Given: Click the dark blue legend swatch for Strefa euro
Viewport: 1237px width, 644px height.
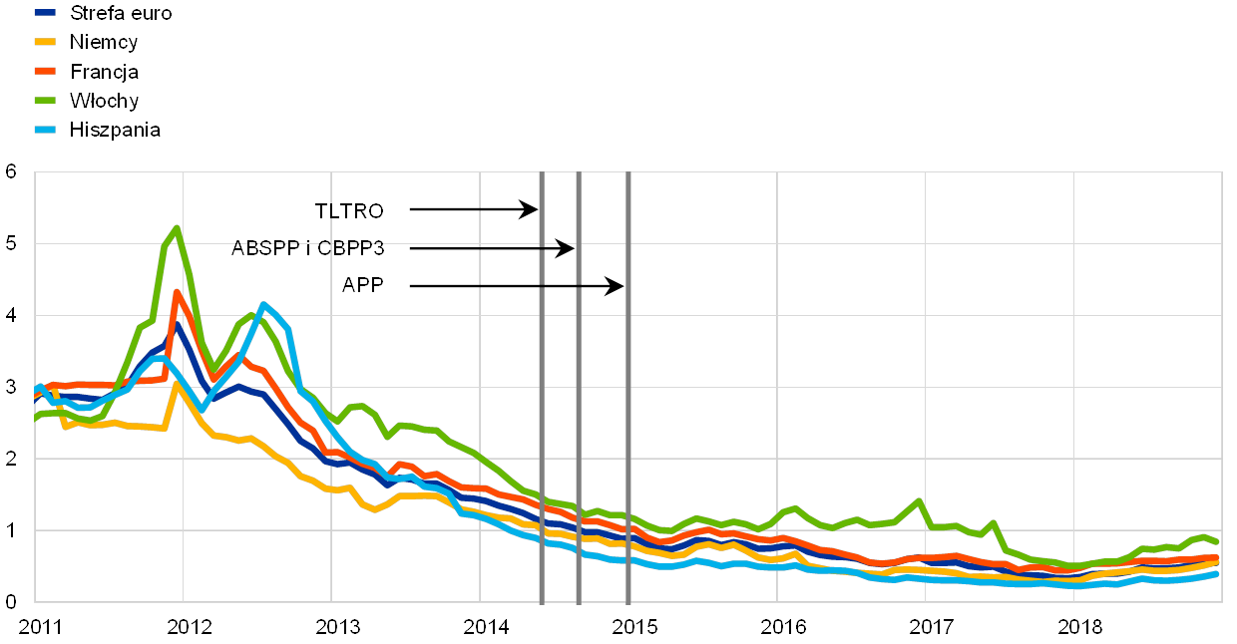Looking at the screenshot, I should tap(45, 13).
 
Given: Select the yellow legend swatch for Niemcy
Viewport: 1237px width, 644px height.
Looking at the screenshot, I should tap(45, 42).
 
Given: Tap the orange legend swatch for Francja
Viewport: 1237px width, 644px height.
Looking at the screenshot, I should tap(45, 72).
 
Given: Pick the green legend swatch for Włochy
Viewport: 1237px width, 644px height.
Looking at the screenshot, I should tap(45, 101).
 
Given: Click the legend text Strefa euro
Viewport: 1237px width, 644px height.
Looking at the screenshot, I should tap(121, 13).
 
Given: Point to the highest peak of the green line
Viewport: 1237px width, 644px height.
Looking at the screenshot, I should tap(177, 227).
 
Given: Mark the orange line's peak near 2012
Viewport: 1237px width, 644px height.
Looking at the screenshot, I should tap(177, 292).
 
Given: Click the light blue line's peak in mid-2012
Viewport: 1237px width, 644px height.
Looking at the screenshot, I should tap(263, 304).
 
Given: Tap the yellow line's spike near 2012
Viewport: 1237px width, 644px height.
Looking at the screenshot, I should tap(177, 383).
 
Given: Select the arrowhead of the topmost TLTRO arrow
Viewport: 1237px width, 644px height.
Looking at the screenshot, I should tap(535, 209).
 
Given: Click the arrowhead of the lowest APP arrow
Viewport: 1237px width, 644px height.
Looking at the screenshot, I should tap(620, 287).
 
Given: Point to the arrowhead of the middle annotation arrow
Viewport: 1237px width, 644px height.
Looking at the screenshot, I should tap(572, 248).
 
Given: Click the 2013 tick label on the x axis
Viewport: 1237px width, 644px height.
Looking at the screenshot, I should tap(338, 627).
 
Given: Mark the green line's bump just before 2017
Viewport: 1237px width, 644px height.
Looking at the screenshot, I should tap(918, 500).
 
